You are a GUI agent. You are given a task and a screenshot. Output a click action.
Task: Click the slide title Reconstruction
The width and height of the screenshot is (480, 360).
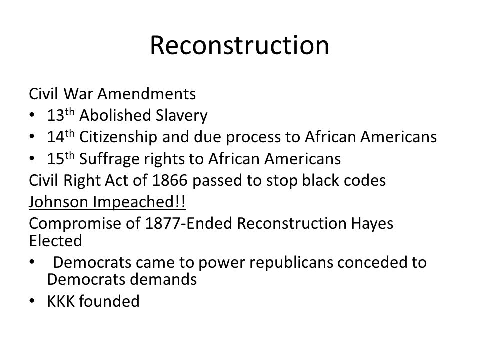click(239, 45)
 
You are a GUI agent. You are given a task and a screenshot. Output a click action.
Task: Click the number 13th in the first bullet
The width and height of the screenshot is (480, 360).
click(61, 115)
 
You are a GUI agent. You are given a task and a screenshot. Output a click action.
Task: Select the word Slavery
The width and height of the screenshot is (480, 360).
click(182, 115)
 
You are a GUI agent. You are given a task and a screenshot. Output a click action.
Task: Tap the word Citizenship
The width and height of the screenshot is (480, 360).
click(118, 137)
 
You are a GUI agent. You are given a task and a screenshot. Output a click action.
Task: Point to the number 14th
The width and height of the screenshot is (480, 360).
click(61, 136)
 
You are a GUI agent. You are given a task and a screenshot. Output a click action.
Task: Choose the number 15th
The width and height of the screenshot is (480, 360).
click(61, 158)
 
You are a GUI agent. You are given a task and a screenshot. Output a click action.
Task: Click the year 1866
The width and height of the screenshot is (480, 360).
click(170, 180)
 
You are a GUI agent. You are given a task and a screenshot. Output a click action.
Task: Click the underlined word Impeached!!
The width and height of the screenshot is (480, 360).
click(139, 202)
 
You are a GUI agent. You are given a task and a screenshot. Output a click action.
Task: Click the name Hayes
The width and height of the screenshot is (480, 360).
click(372, 224)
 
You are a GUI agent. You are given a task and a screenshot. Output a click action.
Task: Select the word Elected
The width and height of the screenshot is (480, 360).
click(55, 241)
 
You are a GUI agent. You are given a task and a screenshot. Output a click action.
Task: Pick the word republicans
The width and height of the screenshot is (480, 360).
click(291, 263)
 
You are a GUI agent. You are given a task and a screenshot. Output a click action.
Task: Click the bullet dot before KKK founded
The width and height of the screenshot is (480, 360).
click(32, 301)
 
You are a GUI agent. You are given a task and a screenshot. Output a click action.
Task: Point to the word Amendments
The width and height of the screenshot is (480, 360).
click(147, 94)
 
